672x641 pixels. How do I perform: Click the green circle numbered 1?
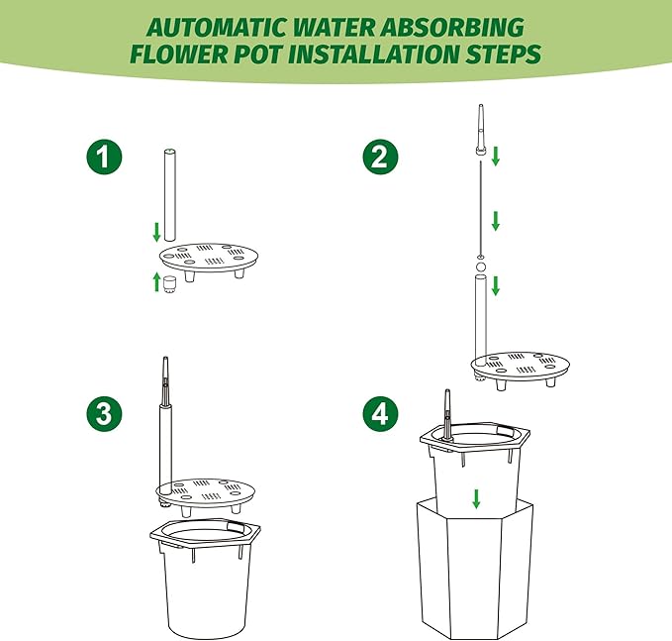[x=104, y=157]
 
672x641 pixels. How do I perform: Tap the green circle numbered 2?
[x=381, y=157]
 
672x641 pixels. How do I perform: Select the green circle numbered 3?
[x=104, y=413]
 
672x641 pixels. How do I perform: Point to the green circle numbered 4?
[x=381, y=413]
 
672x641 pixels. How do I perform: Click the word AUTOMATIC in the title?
[x=217, y=28]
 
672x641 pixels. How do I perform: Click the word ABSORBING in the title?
[x=452, y=28]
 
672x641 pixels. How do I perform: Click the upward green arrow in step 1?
[x=156, y=282]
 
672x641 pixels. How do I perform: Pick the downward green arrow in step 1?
[x=156, y=232]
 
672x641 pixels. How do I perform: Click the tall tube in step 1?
[x=170, y=195]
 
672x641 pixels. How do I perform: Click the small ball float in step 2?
[x=481, y=267]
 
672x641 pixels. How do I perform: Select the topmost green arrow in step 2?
[x=496, y=156]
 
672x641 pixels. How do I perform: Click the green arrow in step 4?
[x=476, y=498]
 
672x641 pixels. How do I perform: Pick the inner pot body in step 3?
[x=205, y=592]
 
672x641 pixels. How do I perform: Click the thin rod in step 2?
[x=481, y=208]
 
